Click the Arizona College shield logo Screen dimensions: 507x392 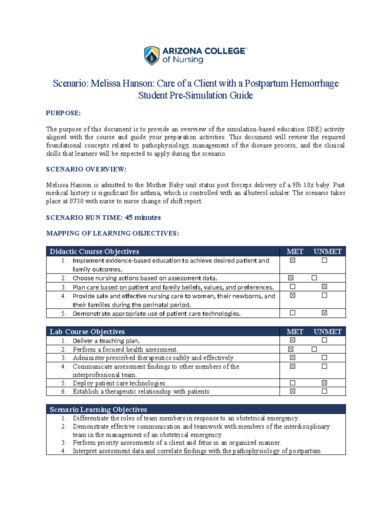tap(152, 55)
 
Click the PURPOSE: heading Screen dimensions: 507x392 tap(63, 113)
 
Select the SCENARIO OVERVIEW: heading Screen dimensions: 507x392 tap(86, 169)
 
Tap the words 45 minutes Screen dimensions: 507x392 tap(143, 217)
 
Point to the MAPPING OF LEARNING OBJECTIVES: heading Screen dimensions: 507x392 tap(112, 233)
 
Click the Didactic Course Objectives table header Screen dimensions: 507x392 tap(94, 251)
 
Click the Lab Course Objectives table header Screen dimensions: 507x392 tap(87, 332)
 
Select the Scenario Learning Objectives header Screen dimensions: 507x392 tap(98, 409)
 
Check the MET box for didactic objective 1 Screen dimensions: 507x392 tap(293, 260)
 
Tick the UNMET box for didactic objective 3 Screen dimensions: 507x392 tap(324, 286)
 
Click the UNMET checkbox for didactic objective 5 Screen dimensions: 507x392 tap(324, 313)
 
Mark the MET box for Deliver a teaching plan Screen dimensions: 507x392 tap(293, 340)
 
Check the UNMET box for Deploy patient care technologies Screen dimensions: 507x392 tap(324, 383)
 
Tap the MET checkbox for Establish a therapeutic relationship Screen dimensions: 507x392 tap(293, 391)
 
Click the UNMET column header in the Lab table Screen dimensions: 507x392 tap(327, 332)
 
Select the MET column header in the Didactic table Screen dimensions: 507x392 tap(295, 251)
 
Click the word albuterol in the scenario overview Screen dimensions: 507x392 tap(255, 193)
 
